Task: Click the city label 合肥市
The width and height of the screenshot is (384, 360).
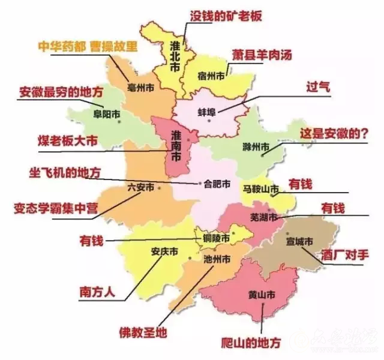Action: (218, 185)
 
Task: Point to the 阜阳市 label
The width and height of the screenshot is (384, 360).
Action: (106, 113)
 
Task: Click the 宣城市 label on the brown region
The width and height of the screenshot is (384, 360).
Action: (300, 241)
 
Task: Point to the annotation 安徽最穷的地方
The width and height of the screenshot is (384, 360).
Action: (61, 92)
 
